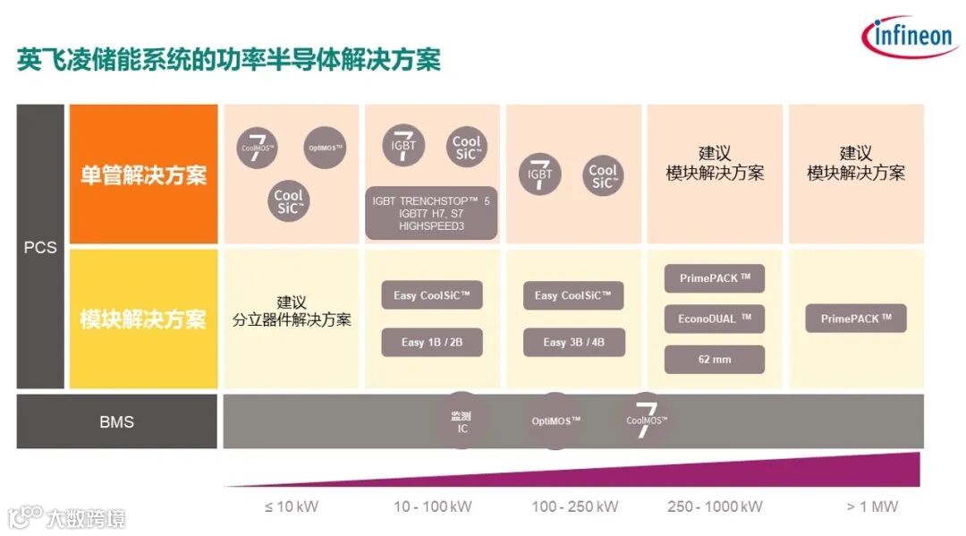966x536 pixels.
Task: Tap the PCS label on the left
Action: point(40,247)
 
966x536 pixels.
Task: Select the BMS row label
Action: point(116,421)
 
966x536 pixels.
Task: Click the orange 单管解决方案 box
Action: point(143,174)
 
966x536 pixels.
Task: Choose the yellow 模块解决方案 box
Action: point(143,319)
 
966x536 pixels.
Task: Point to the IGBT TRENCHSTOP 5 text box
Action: point(431,214)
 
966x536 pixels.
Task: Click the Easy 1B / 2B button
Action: point(431,342)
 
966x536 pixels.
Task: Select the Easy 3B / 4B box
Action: point(572,342)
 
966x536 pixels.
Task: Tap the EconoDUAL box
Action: point(715,318)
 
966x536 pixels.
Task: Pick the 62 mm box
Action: point(715,360)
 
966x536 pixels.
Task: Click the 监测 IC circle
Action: point(462,422)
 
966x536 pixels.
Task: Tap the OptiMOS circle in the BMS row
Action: point(556,421)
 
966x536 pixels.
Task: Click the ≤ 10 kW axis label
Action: point(292,506)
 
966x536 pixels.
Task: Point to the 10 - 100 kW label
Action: point(432,506)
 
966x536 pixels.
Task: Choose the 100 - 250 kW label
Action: point(574,506)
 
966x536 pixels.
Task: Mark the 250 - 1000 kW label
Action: point(715,506)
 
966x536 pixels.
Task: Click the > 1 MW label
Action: point(872,506)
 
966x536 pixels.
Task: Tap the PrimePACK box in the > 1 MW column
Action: point(856,319)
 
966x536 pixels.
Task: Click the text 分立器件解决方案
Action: point(292,319)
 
